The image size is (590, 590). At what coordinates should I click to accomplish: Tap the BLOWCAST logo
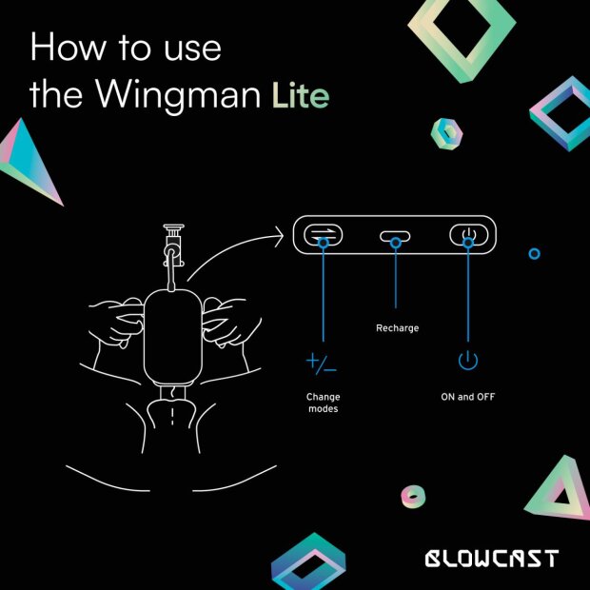(x=491, y=558)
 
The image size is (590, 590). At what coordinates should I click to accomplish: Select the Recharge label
(x=397, y=328)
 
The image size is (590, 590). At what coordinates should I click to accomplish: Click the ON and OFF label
(x=467, y=396)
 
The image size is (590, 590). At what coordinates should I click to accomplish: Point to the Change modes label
(x=323, y=402)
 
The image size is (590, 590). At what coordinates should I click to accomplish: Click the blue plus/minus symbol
(x=322, y=362)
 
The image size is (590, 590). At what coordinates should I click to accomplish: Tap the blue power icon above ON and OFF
(x=467, y=361)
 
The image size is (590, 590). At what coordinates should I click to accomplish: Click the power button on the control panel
(x=467, y=236)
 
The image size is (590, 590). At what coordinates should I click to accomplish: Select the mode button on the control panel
(x=324, y=236)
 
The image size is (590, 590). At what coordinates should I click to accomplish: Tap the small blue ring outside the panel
(x=534, y=253)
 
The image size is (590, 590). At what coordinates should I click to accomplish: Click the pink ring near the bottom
(x=413, y=495)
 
